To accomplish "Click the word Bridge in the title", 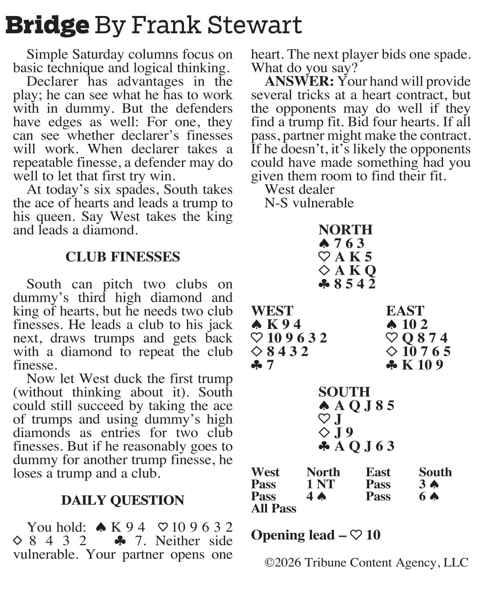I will [x=47, y=25].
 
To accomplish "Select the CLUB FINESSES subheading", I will [x=123, y=257].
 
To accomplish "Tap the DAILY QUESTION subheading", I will [x=123, y=500].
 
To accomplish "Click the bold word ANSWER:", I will [x=299, y=81].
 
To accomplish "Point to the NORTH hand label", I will [x=345, y=230].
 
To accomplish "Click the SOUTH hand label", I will [x=344, y=392].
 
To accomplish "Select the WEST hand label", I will [x=272, y=311].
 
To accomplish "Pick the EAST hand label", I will [x=405, y=311].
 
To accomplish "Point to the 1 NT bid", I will [x=320, y=484].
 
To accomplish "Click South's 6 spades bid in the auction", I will [x=428, y=496].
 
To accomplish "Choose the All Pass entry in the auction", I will [x=273, y=509].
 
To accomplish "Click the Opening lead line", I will [x=315, y=535].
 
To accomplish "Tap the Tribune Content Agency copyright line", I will [x=366, y=563].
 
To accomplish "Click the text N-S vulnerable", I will [x=309, y=203].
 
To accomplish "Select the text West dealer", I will [x=299, y=190].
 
